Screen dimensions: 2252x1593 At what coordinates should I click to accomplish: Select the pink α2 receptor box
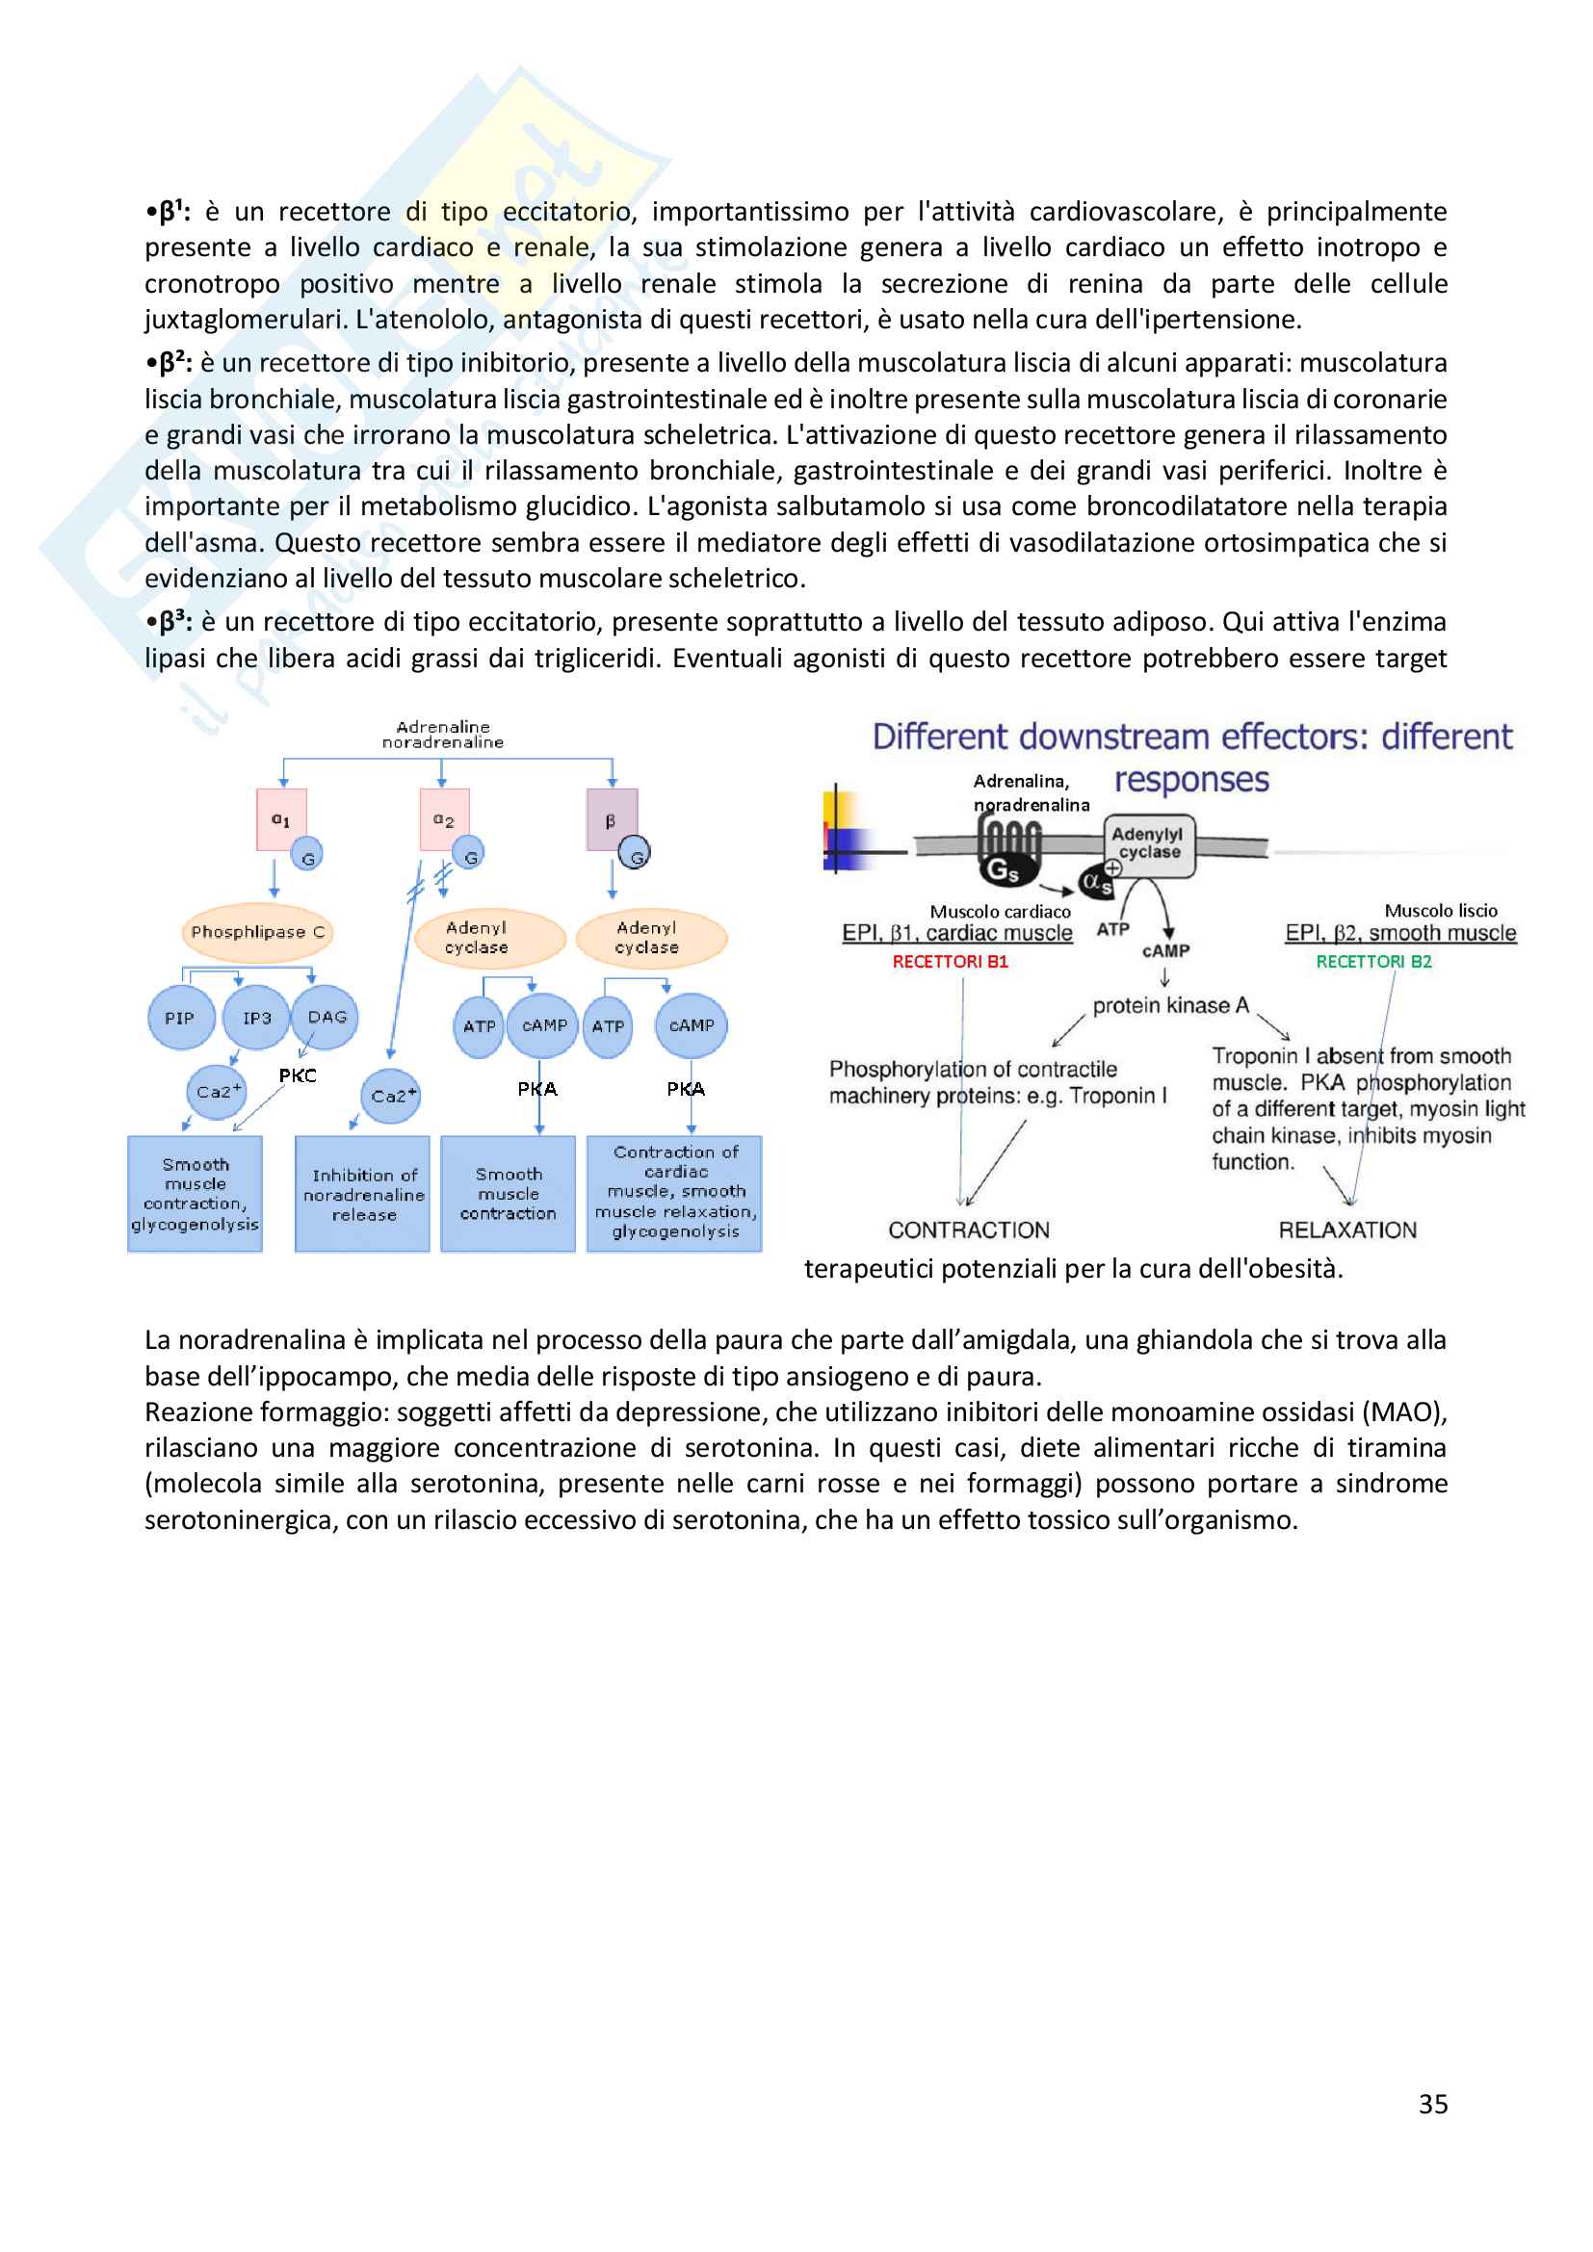[443, 819]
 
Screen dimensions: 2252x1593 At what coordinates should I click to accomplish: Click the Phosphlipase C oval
[257, 932]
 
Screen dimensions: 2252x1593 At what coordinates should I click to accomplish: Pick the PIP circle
[179, 1018]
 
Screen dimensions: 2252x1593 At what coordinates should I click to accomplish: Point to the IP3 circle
[256, 1018]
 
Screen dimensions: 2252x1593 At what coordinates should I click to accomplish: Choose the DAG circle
[326, 1017]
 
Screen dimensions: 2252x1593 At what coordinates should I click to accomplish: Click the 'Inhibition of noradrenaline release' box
[363, 1194]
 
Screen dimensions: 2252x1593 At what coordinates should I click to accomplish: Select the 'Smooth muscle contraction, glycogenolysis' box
[196, 1194]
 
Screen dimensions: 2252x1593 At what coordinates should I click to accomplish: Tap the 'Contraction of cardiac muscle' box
[675, 1193]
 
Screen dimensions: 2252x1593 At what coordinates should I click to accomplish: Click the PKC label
[298, 1076]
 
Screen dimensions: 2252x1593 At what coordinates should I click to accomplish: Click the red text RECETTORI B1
[950, 962]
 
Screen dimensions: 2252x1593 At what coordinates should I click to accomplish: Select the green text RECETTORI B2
[1373, 962]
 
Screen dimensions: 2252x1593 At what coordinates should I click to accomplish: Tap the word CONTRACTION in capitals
[968, 1230]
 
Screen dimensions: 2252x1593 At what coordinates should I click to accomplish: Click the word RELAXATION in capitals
[1346, 1230]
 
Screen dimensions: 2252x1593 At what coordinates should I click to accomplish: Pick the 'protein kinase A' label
[1170, 1005]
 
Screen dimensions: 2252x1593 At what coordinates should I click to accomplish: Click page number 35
[1432, 2104]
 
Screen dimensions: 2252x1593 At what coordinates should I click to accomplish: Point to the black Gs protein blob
[1003, 869]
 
